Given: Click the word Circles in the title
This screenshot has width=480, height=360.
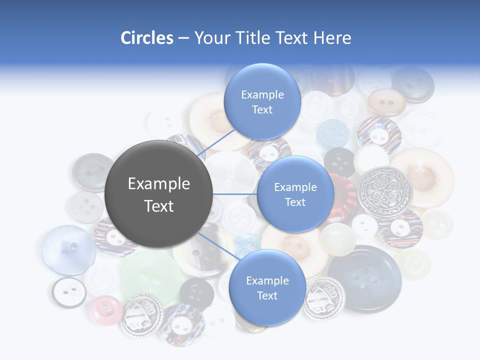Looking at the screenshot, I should pyautogui.click(x=146, y=38).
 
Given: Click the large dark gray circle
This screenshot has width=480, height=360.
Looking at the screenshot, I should pyautogui.click(x=158, y=194).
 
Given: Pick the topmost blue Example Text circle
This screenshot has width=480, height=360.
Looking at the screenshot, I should pyautogui.click(x=262, y=101).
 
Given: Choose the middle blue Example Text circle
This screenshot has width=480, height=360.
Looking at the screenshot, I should pyautogui.click(x=295, y=194).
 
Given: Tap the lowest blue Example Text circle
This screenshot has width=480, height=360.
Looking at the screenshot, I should pyautogui.click(x=267, y=287).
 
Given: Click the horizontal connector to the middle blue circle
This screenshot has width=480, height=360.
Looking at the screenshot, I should pyautogui.click(x=234, y=194).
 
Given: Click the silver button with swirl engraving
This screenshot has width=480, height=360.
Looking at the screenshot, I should pyautogui.click(x=385, y=191).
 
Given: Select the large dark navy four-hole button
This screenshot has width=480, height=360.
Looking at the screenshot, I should pyautogui.click(x=365, y=277).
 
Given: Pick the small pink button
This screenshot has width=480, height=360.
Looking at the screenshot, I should pyautogui.click(x=105, y=310).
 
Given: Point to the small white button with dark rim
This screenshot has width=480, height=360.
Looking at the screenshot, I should pyautogui.click(x=69, y=292).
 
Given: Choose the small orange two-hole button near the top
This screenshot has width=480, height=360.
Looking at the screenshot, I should pyautogui.click(x=386, y=102).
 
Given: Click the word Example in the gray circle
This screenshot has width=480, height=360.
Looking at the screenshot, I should pyautogui.click(x=158, y=184).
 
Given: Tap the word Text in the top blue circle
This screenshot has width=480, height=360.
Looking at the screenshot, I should pyautogui.click(x=262, y=110).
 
